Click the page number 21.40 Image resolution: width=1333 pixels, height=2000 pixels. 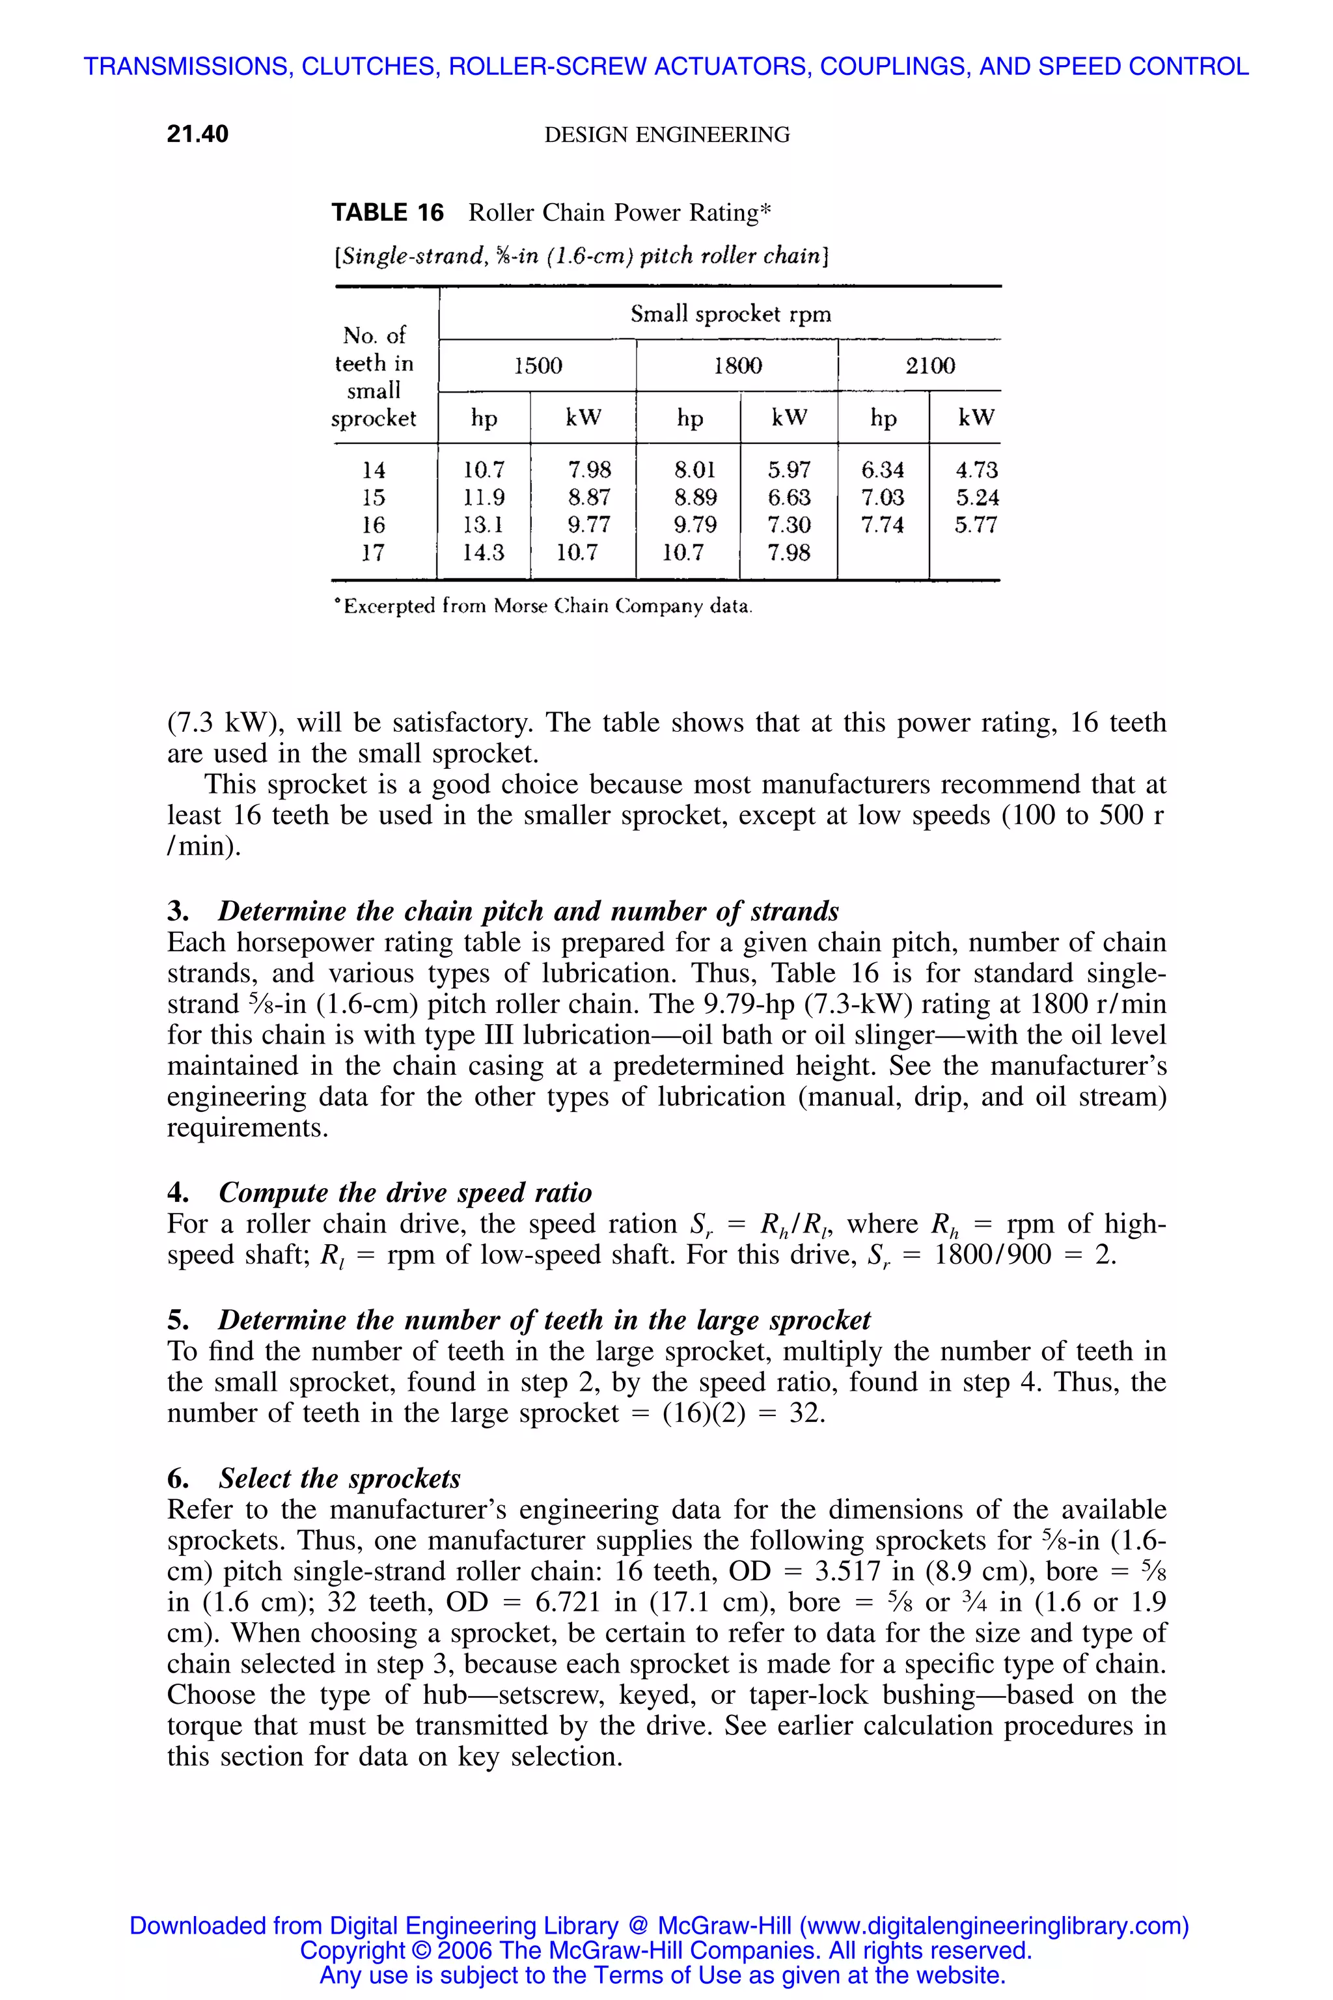(197, 134)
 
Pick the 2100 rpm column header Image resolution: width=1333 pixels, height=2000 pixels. (929, 366)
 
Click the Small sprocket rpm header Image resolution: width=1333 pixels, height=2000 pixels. (730, 314)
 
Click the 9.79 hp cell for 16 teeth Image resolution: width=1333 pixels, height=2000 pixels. (694, 525)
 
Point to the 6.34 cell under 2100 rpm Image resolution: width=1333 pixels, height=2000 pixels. (883, 469)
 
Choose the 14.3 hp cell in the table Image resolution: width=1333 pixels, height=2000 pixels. (483, 553)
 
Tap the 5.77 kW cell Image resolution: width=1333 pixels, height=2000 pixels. (975, 525)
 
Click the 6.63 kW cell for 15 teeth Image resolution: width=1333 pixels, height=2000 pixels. (789, 497)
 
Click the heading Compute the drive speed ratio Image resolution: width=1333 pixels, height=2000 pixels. (405, 1192)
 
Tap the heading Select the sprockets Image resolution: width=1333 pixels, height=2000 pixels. (339, 1478)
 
